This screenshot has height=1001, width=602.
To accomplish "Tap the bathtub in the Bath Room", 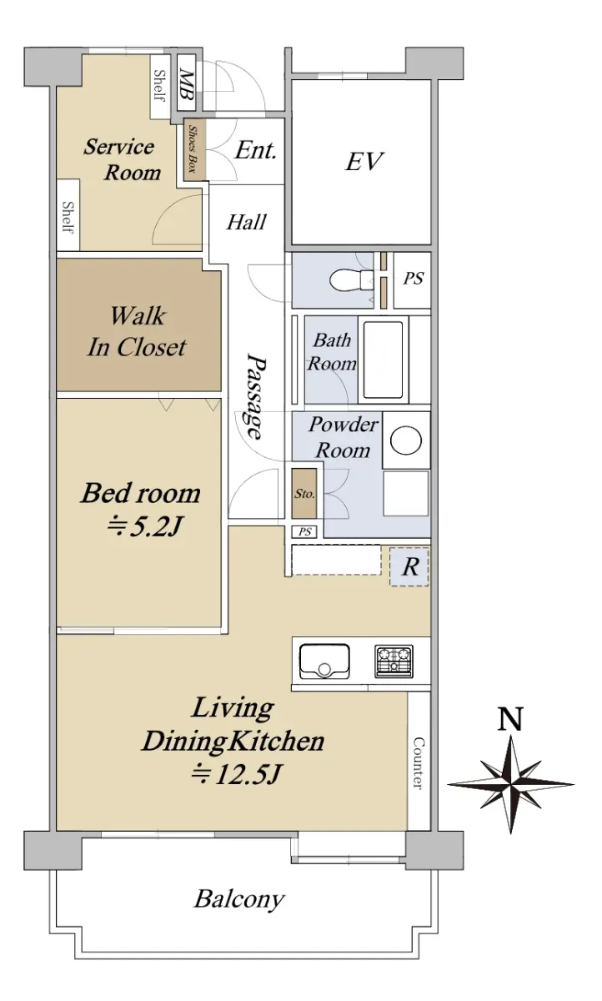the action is [384, 360].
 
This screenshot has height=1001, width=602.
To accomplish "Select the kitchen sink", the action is [324, 661].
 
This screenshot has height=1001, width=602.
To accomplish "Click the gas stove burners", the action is [394, 661].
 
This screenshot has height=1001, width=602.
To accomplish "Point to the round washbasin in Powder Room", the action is [406, 440].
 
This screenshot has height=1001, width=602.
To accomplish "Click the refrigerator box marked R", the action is [409, 566].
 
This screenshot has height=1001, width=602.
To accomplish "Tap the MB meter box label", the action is [186, 85].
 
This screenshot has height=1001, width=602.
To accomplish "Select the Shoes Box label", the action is [193, 148].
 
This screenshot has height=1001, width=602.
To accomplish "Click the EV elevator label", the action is [364, 161].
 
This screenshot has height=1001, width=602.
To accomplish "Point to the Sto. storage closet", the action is [304, 494].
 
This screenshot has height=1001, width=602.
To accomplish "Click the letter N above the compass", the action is [510, 719].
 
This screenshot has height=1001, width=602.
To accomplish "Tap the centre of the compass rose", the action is [510, 784].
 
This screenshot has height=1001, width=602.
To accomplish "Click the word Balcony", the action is [239, 898].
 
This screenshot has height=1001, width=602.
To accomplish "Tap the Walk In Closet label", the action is [137, 331].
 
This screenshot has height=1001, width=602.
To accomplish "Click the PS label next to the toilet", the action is [413, 279].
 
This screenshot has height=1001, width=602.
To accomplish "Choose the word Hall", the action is [246, 222].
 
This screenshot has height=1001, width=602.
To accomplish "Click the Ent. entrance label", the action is [255, 150].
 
